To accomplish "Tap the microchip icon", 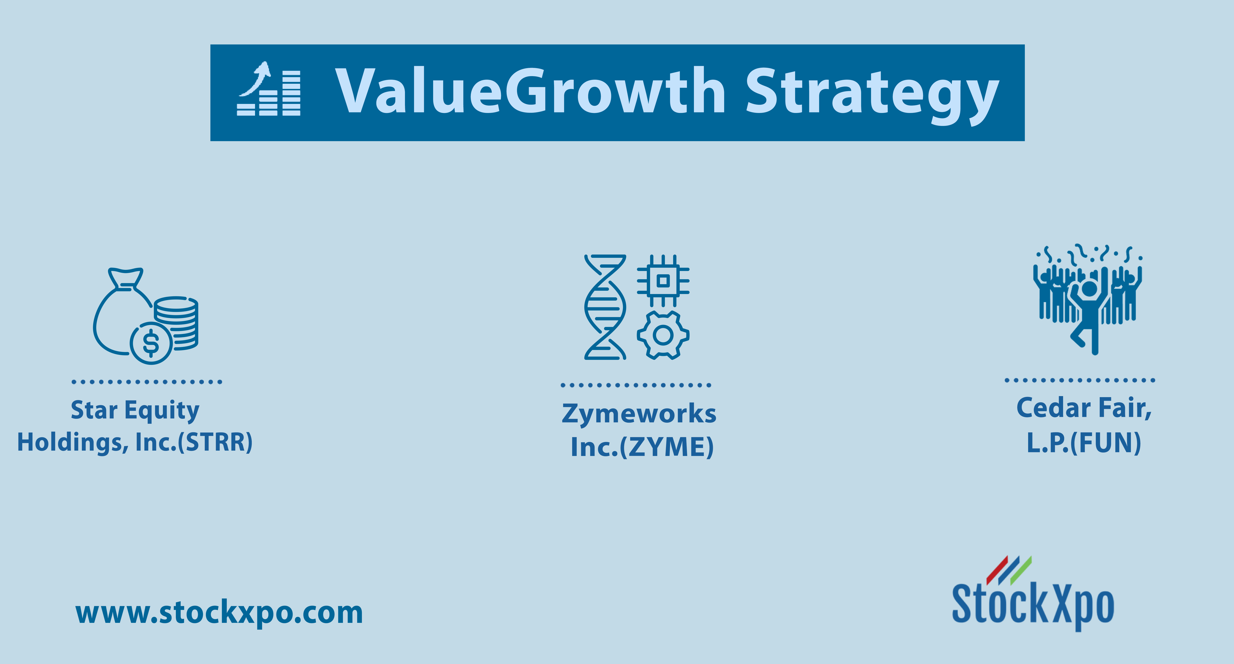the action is point(663,280).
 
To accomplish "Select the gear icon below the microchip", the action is point(663,335).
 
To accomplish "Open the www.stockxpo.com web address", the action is point(219,613).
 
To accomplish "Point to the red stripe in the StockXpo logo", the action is point(997,571).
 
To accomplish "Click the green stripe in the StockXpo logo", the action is point(1021,571).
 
